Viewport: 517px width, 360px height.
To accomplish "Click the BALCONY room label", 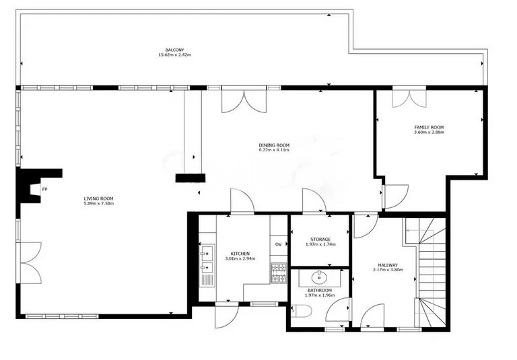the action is click(x=175, y=50).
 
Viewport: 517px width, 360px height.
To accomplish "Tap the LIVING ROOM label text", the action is click(x=98, y=199).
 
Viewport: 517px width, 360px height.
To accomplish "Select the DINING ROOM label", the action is click(x=274, y=145).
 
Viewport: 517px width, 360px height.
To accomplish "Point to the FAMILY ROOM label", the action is click(x=429, y=127).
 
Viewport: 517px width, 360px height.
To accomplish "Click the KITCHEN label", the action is click(x=240, y=254).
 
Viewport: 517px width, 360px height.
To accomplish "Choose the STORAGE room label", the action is click(x=320, y=240).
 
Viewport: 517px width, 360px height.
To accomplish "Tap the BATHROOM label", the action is click(x=320, y=291).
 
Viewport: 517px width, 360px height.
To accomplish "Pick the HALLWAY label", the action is click(x=388, y=265).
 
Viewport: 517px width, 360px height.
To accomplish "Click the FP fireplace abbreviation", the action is click(x=44, y=189).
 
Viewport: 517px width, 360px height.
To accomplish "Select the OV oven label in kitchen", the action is click(x=278, y=245).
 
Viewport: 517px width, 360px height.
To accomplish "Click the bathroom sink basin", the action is click(x=320, y=278).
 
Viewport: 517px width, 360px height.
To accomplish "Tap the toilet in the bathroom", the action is click(x=302, y=311).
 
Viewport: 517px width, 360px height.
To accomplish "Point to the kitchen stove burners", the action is click(x=279, y=273).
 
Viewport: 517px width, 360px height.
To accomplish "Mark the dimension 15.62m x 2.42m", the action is click(x=175, y=55).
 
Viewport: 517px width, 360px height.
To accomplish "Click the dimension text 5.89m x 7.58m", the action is click(x=98, y=204).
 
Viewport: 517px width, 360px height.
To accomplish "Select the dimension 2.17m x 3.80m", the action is click(x=388, y=270).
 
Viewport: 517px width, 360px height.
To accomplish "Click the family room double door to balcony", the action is click(x=409, y=98).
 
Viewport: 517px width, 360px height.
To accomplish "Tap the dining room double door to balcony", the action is click(x=244, y=100).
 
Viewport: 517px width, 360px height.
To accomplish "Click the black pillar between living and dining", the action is click(x=190, y=178).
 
